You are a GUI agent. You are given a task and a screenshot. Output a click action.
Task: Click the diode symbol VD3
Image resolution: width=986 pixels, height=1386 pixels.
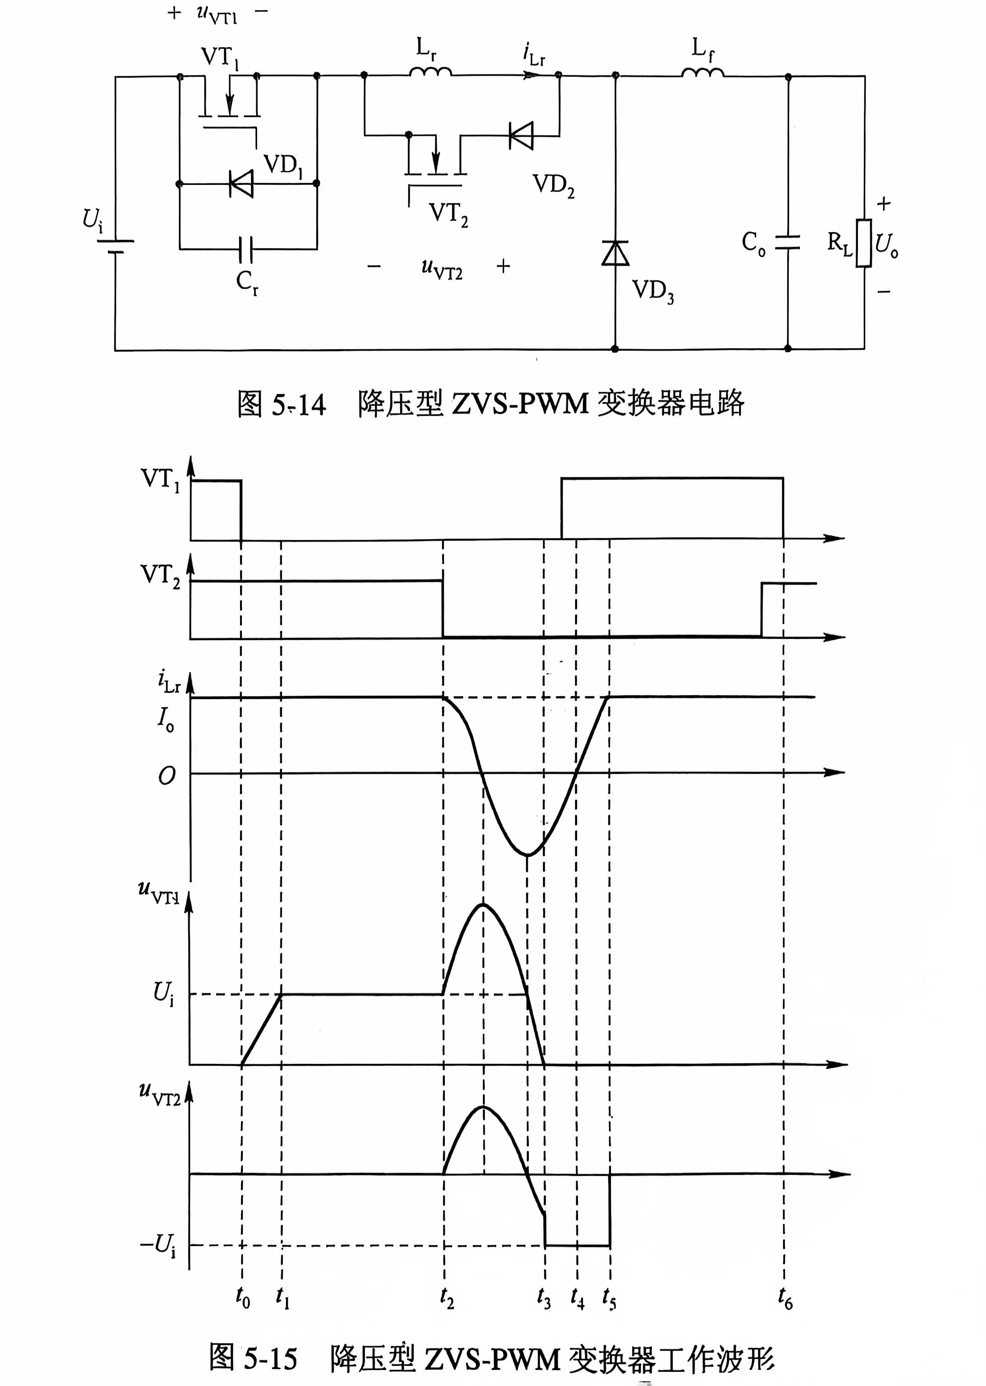pos(615,252)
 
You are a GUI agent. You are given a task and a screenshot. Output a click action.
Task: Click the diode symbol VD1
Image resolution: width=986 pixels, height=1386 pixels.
pos(241,183)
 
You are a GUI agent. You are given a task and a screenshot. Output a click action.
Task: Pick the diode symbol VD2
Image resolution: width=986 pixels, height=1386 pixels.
pos(521,135)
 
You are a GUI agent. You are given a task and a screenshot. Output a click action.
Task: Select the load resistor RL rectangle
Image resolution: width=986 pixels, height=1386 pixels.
pos(864,243)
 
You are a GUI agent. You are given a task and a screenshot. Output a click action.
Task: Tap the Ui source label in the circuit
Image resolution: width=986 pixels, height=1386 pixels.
pos(92,220)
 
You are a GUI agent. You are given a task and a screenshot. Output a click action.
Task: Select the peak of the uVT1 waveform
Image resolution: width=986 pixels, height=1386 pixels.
pos(484,905)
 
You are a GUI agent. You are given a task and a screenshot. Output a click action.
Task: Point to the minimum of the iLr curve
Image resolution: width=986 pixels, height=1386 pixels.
pos(527,855)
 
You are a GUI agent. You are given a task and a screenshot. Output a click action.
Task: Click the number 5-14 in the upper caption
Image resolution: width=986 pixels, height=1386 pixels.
pos(299,404)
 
